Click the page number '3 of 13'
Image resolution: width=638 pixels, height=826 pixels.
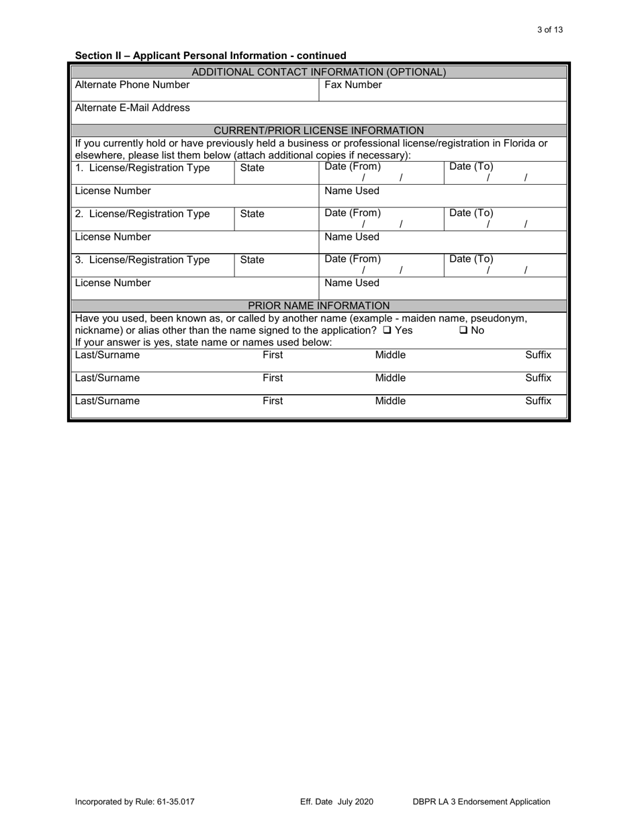tap(550, 30)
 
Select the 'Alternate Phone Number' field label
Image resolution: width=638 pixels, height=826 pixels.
tap(132, 85)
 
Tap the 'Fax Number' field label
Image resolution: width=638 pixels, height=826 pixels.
tap(353, 85)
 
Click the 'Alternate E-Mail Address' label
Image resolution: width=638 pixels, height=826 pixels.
tap(132, 107)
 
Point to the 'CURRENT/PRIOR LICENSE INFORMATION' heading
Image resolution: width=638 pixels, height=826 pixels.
tap(318, 130)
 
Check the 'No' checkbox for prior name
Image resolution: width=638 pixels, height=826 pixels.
tap(464, 330)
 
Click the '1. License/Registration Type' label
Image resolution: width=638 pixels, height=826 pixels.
tap(142, 167)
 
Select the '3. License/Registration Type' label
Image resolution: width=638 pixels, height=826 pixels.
tap(142, 260)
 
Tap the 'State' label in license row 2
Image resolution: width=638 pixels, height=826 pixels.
tap(252, 214)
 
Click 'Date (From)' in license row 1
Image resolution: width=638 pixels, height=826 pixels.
tap(353, 167)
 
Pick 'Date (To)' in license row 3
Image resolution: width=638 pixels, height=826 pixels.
tap(471, 259)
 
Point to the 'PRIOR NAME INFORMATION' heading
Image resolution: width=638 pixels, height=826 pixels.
tap(318, 306)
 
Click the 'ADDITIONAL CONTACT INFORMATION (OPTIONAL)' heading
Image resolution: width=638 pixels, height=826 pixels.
tap(318, 72)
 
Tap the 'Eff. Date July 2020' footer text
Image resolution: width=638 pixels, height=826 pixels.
tap(336, 801)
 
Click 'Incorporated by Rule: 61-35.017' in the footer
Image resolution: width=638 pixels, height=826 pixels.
tap(135, 801)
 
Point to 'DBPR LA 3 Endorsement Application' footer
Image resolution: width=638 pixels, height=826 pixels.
tap(482, 801)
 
